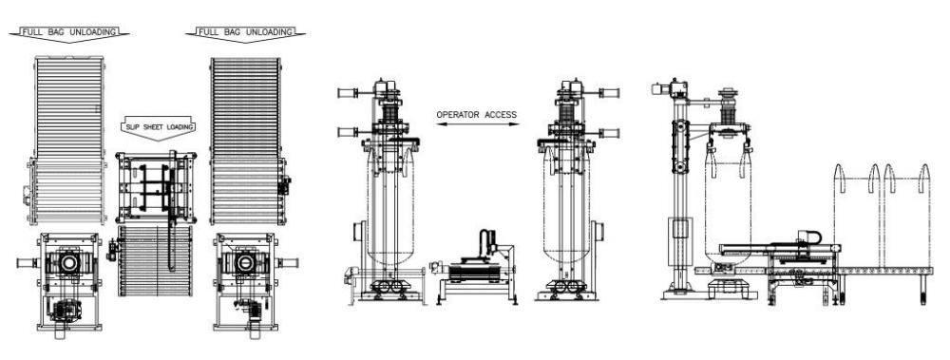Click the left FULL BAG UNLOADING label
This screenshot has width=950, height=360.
[69, 32]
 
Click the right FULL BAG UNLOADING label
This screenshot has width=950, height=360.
[245, 32]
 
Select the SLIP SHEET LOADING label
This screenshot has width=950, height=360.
[158, 126]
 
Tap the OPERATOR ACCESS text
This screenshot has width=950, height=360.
[477, 115]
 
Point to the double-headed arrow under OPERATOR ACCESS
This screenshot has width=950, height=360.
[478, 124]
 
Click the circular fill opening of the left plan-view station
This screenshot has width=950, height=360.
[69, 263]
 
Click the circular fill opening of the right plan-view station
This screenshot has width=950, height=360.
[245, 263]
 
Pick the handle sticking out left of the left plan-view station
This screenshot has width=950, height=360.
[28, 263]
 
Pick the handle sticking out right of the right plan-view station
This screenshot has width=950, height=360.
[287, 263]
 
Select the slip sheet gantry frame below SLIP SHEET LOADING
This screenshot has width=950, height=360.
[157, 188]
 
